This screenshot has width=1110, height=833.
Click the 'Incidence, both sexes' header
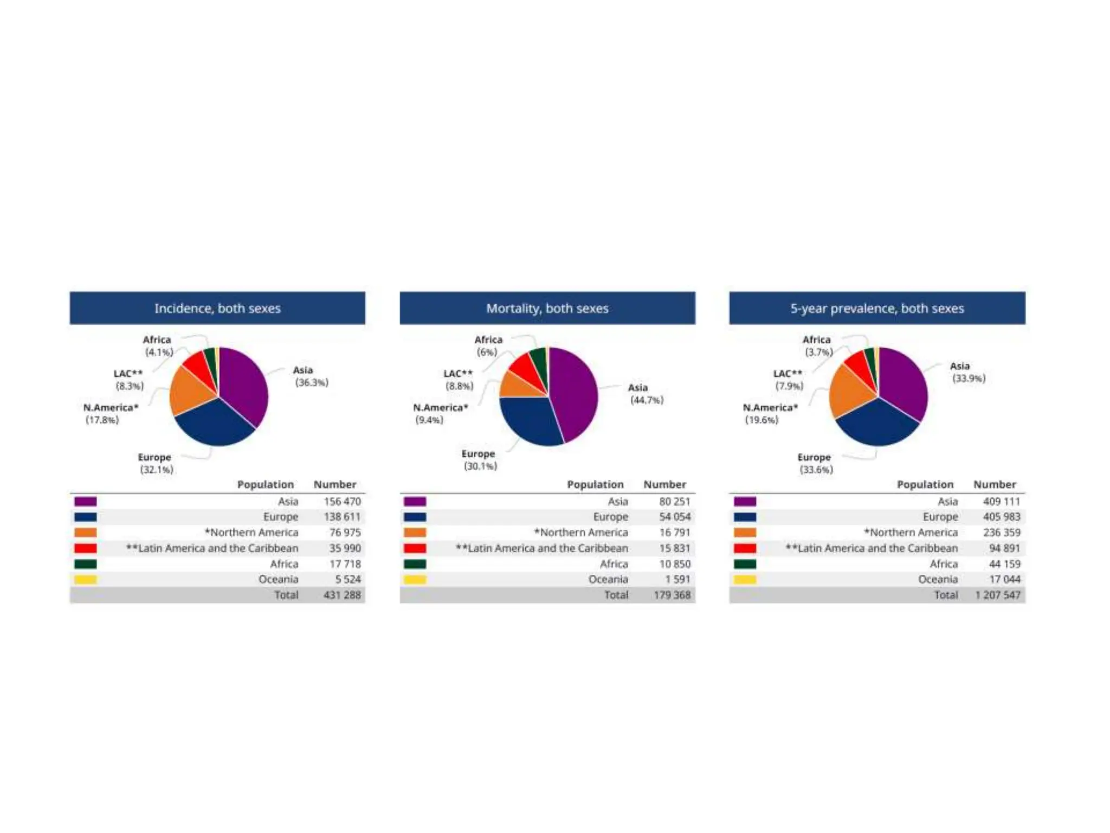point(217,308)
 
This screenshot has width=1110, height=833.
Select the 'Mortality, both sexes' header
point(547,308)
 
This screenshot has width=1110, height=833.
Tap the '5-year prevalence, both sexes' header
point(877,308)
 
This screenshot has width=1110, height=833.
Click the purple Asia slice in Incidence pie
point(244,382)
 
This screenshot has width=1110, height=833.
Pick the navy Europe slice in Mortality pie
point(528,420)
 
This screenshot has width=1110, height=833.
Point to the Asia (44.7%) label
point(646,394)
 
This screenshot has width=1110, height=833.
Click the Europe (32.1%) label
point(156,463)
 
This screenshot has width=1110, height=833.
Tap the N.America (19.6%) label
point(769,413)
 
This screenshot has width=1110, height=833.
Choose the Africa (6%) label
point(488,345)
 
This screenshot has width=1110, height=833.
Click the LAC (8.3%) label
point(129,380)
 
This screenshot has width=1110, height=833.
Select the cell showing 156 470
point(342,501)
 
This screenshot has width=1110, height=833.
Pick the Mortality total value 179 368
point(672,595)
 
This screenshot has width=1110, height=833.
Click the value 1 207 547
point(997,595)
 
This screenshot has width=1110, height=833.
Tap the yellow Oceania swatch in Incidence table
point(86,579)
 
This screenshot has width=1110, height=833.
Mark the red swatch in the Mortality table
point(415,548)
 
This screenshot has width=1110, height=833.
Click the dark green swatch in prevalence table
point(745,564)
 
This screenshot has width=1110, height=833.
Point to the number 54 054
point(675,517)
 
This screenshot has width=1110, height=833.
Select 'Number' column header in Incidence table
point(335,484)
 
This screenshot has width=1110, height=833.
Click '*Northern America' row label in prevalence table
point(911,533)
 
